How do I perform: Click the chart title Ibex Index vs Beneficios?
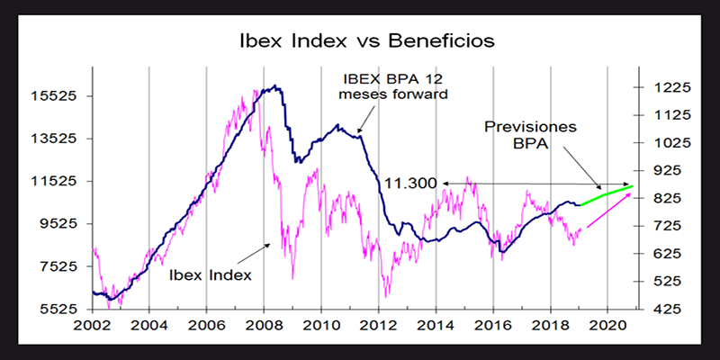pyautogui.click(x=360, y=42)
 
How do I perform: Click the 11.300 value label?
pyautogui.click(x=410, y=184)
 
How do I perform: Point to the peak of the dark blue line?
pyautogui.click(x=276, y=87)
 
